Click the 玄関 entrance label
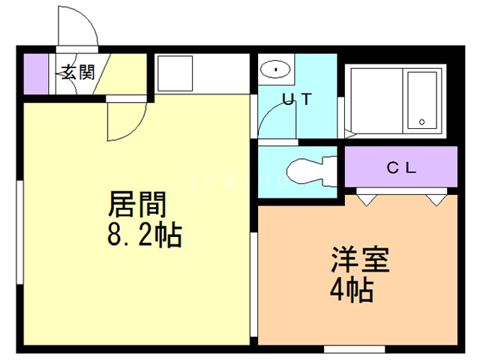coord(77,73)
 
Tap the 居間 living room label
coord(138,203)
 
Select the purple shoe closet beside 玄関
coord(35,73)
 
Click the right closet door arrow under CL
coord(436,199)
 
